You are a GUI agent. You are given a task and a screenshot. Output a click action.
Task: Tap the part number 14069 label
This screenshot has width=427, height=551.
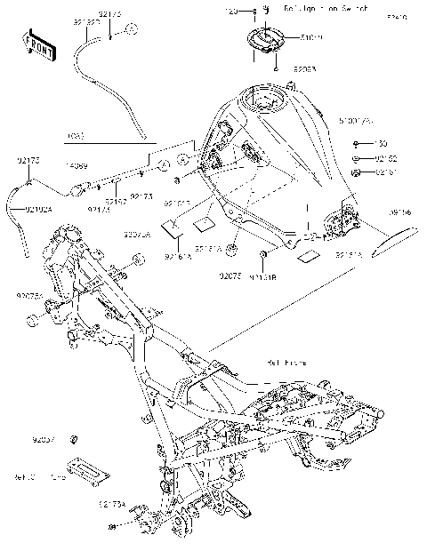click(x=76, y=166)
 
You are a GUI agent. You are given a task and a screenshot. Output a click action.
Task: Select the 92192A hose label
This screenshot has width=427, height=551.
click(x=38, y=210)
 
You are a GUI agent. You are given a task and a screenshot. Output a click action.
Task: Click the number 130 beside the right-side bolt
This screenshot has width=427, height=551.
click(x=382, y=143)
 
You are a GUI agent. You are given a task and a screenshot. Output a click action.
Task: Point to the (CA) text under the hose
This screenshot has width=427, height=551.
click(x=77, y=137)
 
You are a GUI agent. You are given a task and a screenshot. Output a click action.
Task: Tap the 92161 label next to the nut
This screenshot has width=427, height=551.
click(x=386, y=171)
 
